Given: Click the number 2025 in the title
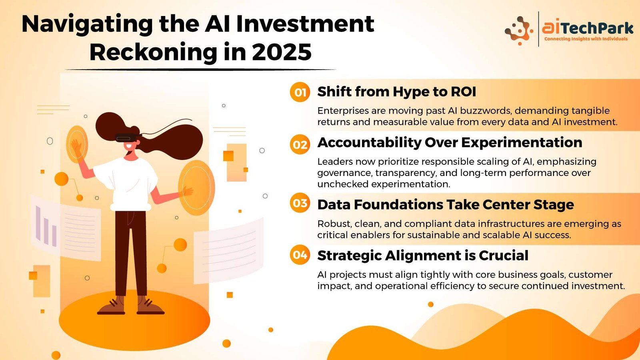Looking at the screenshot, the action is [282, 52].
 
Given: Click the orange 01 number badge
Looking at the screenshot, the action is [300, 92].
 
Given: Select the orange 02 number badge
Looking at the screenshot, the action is [300, 144].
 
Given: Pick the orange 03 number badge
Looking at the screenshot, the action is [300, 203].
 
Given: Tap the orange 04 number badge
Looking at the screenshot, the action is [300, 254].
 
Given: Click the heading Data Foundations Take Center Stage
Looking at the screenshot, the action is [446, 204].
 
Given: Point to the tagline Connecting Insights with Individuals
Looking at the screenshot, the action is [586, 39].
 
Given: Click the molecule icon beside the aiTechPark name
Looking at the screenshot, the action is [518, 30].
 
